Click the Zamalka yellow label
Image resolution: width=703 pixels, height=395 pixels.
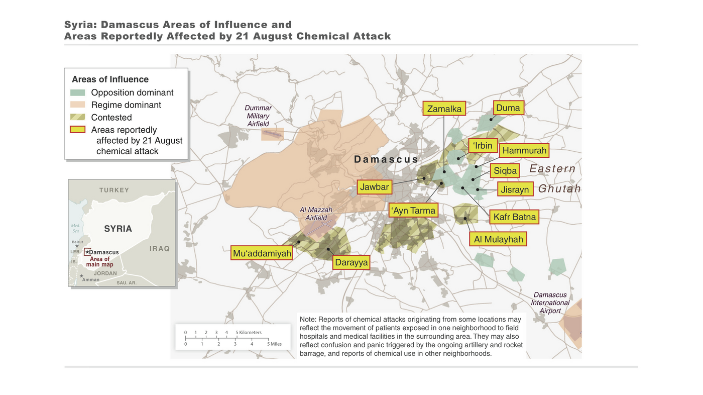tap(444, 109)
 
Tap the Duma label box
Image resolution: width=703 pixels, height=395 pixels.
tap(508, 108)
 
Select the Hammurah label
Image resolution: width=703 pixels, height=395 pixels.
tap(524, 150)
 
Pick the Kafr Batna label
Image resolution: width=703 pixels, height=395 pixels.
tap(515, 217)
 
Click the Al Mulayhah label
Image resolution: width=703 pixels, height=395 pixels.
tap(498, 239)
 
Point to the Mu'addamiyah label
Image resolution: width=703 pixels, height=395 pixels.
tap(262, 253)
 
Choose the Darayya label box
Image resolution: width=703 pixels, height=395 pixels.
tap(351, 262)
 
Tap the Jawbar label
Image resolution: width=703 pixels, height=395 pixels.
tap(374, 187)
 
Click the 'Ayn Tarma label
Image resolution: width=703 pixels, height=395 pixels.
tap(414, 211)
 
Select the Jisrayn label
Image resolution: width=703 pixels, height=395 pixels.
tap(515, 189)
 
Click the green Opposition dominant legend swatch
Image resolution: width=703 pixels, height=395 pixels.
tap(78, 93)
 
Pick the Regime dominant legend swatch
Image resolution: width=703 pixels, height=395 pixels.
tap(78, 105)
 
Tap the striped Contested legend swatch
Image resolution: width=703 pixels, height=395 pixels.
tap(78, 117)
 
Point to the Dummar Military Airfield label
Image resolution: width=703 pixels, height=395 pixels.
tap(258, 116)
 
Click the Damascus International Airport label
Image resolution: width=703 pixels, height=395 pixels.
tap(550, 303)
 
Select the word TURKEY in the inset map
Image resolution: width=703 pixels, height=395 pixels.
tap(114, 190)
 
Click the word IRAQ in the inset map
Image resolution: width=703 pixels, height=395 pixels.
tap(159, 249)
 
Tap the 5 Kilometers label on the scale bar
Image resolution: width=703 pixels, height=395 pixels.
tap(249, 333)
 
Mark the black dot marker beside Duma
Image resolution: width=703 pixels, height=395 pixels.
tap(492, 119)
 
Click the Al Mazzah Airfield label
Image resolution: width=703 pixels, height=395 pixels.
tap(316, 214)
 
